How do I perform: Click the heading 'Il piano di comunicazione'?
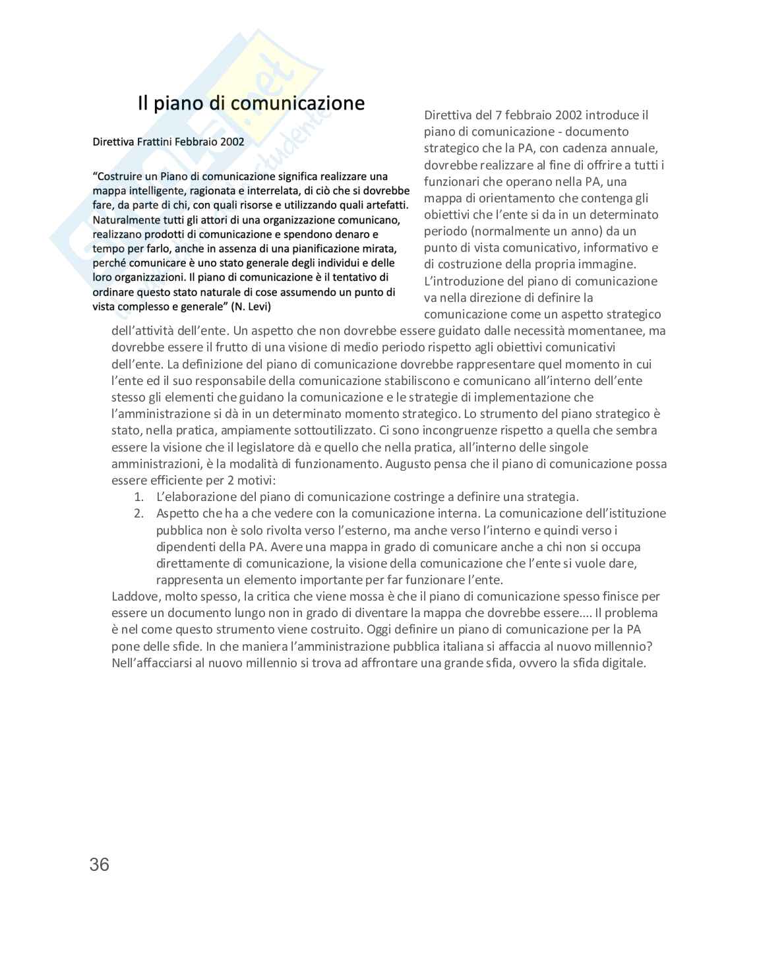[x=251, y=104]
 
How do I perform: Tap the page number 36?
[x=99, y=864]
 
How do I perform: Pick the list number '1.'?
[x=139, y=497]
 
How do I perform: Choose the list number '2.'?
[x=139, y=514]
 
